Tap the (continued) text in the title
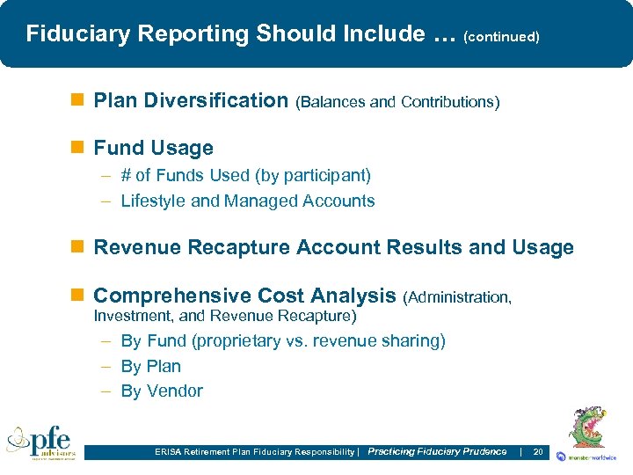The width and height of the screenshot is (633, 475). [x=500, y=37]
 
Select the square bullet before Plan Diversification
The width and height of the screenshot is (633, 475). [x=81, y=100]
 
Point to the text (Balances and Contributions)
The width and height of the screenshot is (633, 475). [x=397, y=102]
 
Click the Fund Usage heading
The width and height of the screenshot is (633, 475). [x=153, y=148]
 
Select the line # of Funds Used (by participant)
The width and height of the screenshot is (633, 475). [x=245, y=175]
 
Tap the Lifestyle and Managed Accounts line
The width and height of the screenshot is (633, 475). [x=247, y=201]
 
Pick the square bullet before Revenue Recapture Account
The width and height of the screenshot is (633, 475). [x=81, y=248]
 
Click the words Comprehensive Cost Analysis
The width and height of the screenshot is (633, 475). [x=244, y=296]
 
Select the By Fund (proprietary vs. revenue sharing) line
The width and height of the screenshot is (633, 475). [x=282, y=340]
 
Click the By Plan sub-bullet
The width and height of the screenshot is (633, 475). [x=150, y=366]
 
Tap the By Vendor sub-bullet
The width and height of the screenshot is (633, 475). [x=162, y=391]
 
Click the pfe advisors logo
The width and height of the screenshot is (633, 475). [x=41, y=442]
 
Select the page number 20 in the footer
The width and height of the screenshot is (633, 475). [x=538, y=451]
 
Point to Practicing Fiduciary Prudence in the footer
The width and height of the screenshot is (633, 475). [x=437, y=451]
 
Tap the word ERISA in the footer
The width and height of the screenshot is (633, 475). [x=165, y=452]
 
